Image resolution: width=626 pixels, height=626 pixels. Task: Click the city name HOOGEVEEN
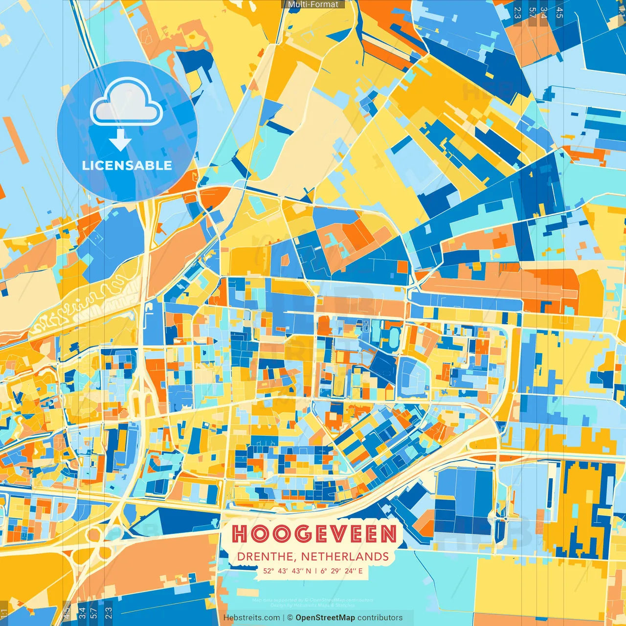point(313,534)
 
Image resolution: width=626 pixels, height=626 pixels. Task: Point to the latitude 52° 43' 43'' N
point(287,571)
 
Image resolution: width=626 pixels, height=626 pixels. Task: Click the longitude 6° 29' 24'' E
point(342,571)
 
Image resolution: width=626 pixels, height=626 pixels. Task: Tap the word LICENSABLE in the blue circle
point(127,165)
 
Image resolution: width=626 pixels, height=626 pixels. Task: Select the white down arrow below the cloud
point(120,140)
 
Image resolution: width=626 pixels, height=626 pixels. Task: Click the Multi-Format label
point(313,4)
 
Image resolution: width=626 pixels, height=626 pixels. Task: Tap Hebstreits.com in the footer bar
point(251,618)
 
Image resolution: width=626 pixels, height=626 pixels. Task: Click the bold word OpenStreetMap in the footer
point(325,618)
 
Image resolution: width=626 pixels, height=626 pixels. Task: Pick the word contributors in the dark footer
point(380,618)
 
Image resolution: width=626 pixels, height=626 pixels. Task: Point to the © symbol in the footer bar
point(290,618)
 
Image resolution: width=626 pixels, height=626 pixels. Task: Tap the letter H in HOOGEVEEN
point(240,534)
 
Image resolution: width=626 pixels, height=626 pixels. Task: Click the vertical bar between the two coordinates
point(316,571)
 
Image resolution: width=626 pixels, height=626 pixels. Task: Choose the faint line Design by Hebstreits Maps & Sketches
point(313,605)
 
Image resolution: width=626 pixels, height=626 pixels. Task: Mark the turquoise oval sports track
point(394,338)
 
